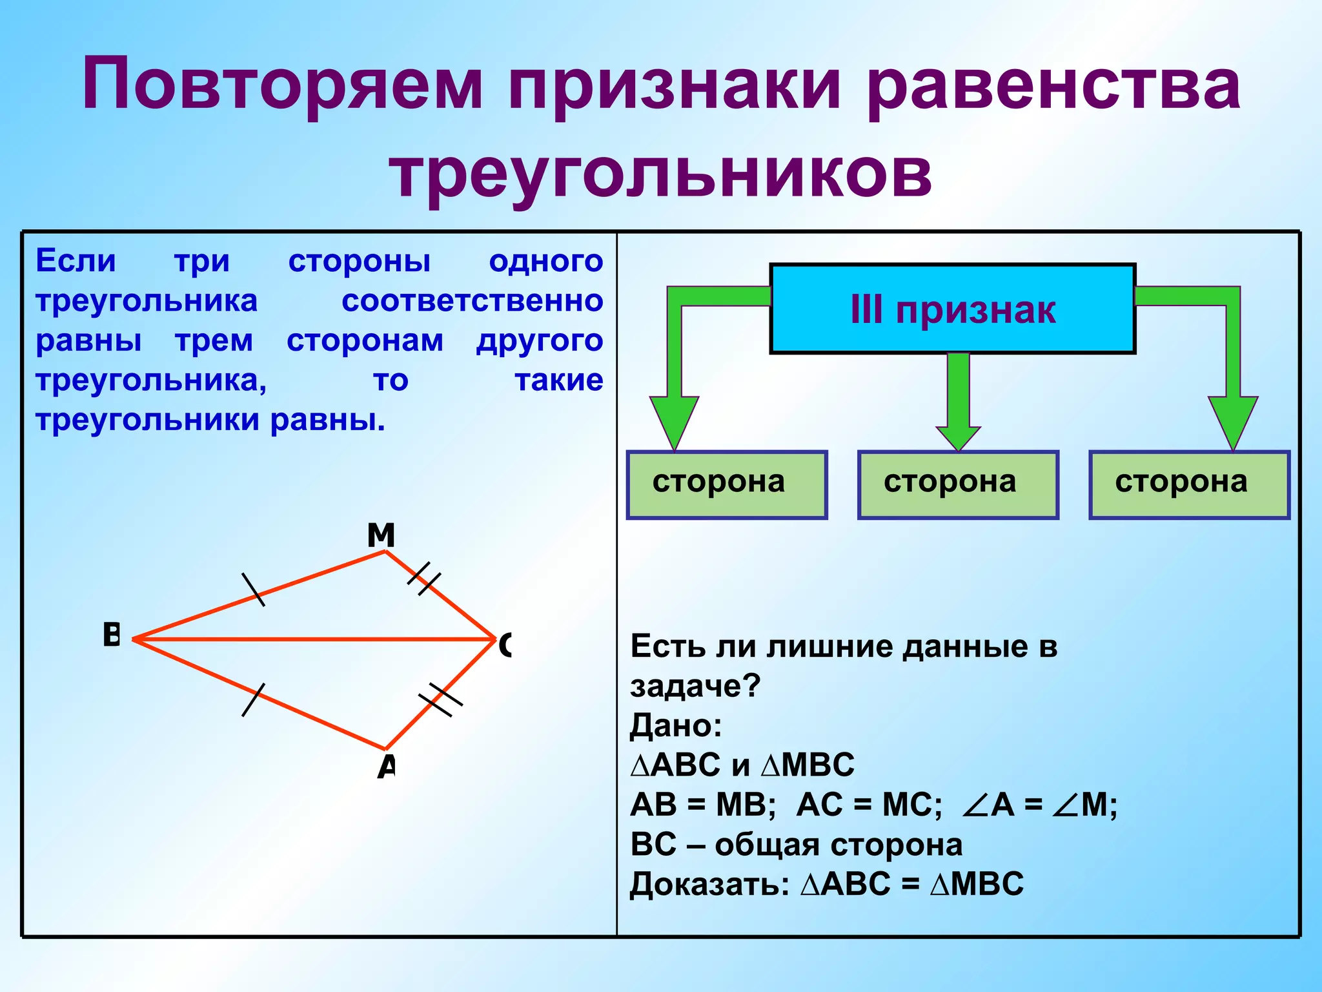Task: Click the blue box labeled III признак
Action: (952, 309)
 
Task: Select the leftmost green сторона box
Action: (727, 485)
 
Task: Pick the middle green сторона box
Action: (958, 485)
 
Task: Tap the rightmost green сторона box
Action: (1189, 485)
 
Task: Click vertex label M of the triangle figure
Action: (381, 535)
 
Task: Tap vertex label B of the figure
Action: (112, 635)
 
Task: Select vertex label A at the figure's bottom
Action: (386, 767)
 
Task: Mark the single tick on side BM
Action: (253, 589)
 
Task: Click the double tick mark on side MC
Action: (424, 578)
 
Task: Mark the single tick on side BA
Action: (253, 700)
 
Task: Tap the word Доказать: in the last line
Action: (709, 883)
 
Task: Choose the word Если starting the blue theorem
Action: (76, 261)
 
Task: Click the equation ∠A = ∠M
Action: (1039, 805)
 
